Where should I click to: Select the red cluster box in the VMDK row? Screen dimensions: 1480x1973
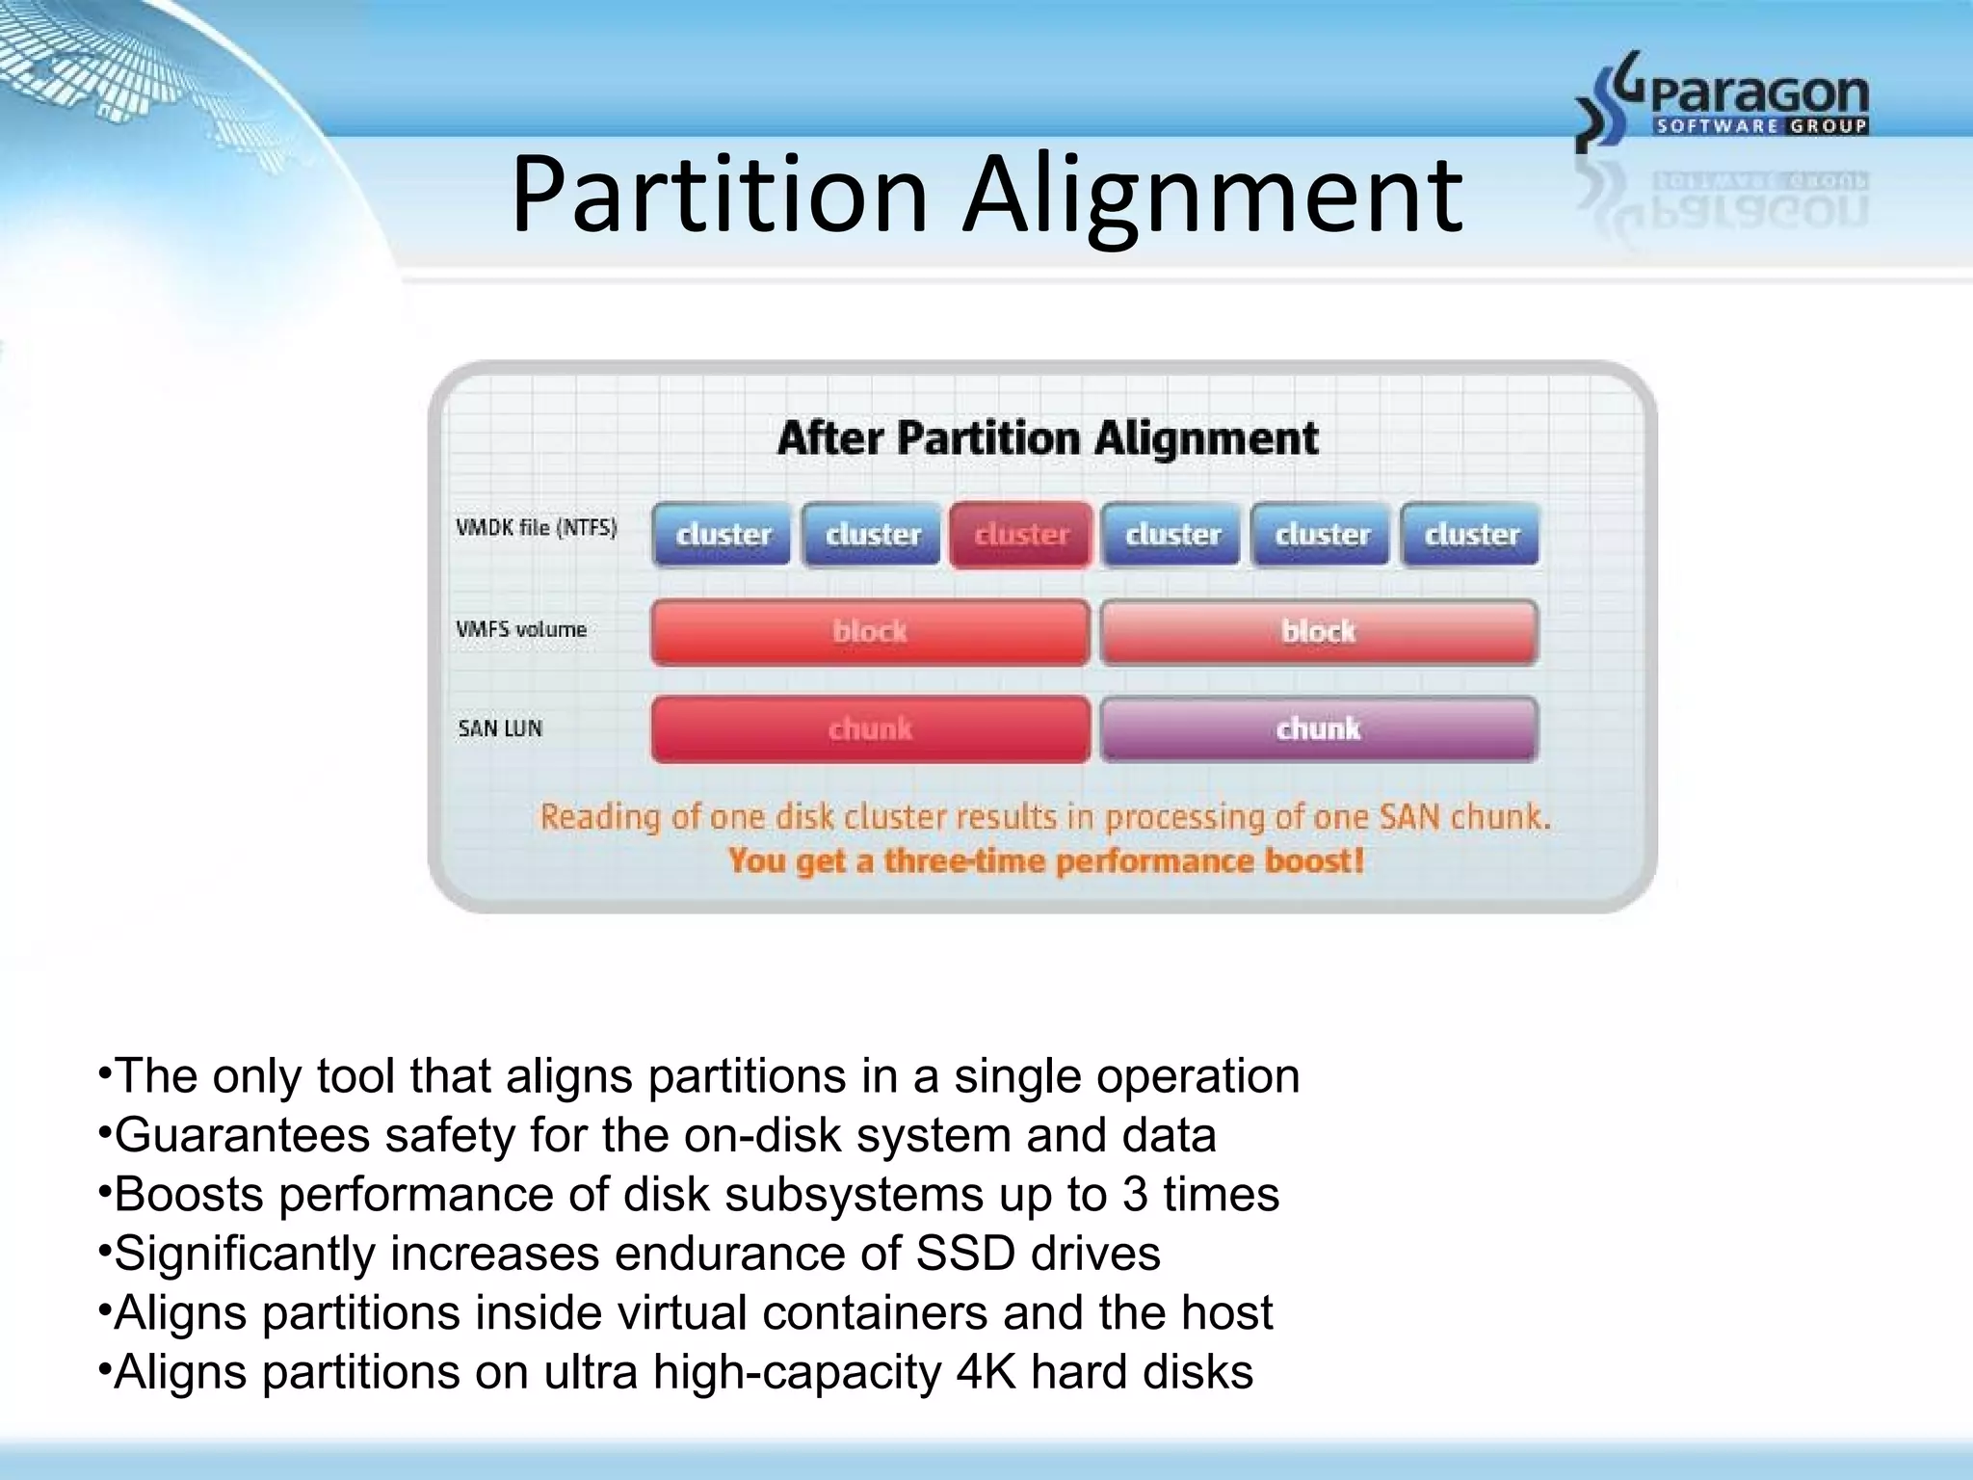click(x=1021, y=535)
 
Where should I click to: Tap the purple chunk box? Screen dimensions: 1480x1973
click(x=1318, y=729)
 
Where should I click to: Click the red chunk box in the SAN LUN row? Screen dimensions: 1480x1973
click(x=870, y=729)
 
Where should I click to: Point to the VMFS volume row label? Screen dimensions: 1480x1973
click(x=521, y=629)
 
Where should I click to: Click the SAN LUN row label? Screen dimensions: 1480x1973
click(x=500, y=728)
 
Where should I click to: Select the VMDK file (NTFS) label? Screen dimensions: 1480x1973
click(x=536, y=528)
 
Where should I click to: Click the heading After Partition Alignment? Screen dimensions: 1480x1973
click(x=1047, y=438)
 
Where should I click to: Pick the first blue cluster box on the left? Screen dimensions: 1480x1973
click(x=723, y=535)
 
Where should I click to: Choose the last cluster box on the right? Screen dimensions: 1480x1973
click(x=1471, y=535)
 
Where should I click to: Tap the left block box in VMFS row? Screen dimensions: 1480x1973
click(x=870, y=632)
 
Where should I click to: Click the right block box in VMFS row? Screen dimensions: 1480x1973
click(x=1318, y=632)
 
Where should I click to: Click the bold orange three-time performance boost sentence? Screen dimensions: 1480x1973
click(x=1046, y=860)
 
